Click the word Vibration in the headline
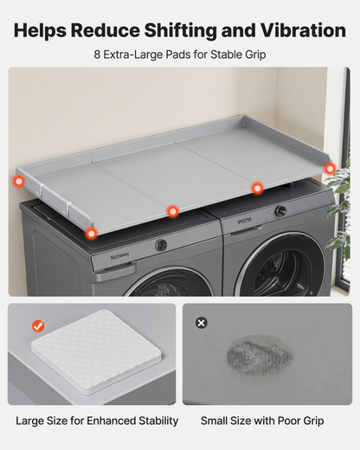pyautogui.click(x=303, y=30)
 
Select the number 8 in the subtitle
pyautogui.click(x=97, y=55)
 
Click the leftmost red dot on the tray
pyautogui.click(x=19, y=182)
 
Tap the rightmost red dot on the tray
pyautogui.click(x=330, y=169)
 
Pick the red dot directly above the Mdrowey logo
pyautogui.click(x=91, y=233)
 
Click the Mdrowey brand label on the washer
pyautogui.click(x=119, y=256)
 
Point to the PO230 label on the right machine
pyautogui.click(x=244, y=221)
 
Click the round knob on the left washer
pyautogui.click(x=161, y=246)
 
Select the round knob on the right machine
pyautogui.click(x=280, y=211)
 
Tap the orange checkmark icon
pyautogui.click(x=38, y=326)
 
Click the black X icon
pyautogui.click(x=202, y=323)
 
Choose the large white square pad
pyautogui.click(x=96, y=351)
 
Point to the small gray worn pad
pyautogui.click(x=260, y=355)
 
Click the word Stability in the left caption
pyautogui.click(x=158, y=421)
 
